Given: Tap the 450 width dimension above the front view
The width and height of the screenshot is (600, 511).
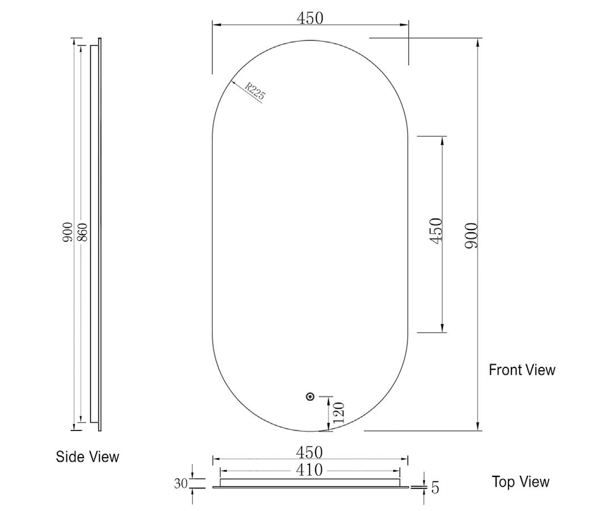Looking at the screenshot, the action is click(310, 18).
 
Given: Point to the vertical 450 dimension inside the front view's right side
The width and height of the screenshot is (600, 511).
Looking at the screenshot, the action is click(436, 231).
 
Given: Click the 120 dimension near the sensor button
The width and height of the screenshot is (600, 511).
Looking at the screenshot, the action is click(339, 414).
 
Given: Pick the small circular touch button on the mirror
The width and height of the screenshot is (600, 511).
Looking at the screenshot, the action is click(310, 397).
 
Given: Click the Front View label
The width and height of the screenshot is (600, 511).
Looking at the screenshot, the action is click(522, 370).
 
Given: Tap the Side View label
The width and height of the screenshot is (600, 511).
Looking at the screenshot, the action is click(87, 456).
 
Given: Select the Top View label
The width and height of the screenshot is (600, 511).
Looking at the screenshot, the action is click(521, 482).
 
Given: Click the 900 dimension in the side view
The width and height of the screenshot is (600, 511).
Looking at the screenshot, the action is click(68, 233).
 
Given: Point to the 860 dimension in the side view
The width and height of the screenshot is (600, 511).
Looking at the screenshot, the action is click(82, 233).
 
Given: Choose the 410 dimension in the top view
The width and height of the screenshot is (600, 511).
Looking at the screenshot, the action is click(310, 470).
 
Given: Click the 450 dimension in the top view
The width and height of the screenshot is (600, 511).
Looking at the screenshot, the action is click(310, 453).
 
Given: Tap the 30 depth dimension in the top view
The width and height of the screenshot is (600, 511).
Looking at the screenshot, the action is click(181, 484).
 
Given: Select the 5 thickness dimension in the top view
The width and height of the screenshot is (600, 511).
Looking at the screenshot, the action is click(435, 487).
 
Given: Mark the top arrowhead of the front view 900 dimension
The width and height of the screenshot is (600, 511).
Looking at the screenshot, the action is click(479, 43).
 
